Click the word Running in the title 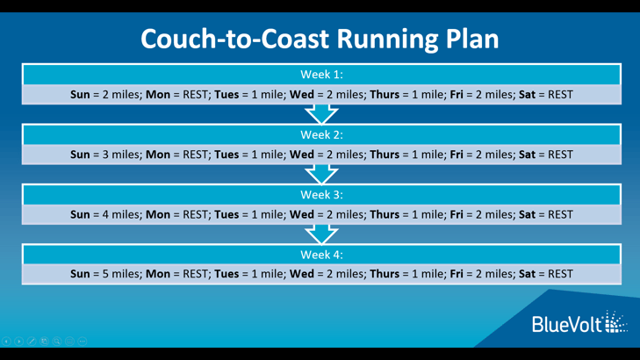tap(387, 40)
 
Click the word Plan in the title tap(471, 39)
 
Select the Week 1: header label tap(321, 75)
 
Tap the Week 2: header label tap(321, 134)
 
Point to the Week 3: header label tap(321, 195)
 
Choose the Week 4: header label tap(321, 255)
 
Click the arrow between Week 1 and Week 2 tap(321, 114)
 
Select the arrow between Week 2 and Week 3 tap(321, 174)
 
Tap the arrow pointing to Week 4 tap(321, 234)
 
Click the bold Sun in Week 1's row tap(80, 95)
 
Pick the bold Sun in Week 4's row tap(80, 274)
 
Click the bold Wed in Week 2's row tap(302, 155)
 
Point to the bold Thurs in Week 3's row tap(385, 215)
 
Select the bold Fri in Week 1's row tap(457, 95)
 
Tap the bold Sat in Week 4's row tap(527, 274)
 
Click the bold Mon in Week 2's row tap(158, 155)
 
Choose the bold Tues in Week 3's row tap(227, 215)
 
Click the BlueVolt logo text tap(567, 325)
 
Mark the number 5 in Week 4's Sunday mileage tap(105, 274)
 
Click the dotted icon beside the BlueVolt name tap(615, 322)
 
